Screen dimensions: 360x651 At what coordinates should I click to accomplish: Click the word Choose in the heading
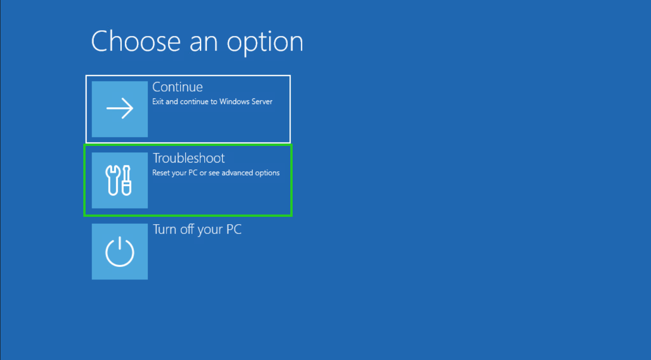coord(136,41)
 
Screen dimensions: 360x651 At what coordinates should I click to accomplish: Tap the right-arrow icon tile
coord(120,109)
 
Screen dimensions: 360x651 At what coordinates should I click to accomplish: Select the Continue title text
coord(178,87)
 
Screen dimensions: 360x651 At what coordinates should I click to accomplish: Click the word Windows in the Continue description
coord(234,101)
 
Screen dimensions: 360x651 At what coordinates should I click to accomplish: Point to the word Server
coord(261,101)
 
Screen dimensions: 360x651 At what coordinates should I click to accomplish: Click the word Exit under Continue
coord(158,101)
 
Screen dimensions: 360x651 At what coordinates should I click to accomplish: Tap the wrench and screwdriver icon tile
coord(120,180)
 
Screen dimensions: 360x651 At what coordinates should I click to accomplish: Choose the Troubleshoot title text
coord(189,158)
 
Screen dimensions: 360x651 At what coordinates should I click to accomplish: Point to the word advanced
coord(242,173)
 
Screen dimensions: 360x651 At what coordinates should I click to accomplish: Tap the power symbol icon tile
coord(120,252)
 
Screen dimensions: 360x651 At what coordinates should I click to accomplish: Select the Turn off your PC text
coord(197,229)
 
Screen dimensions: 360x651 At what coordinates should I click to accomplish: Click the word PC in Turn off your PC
coord(233,229)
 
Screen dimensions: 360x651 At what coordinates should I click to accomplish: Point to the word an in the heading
coord(202,42)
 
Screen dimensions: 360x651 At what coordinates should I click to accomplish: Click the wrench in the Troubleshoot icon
coord(112,180)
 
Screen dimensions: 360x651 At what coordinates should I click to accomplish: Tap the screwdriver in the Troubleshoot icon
coord(127,180)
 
